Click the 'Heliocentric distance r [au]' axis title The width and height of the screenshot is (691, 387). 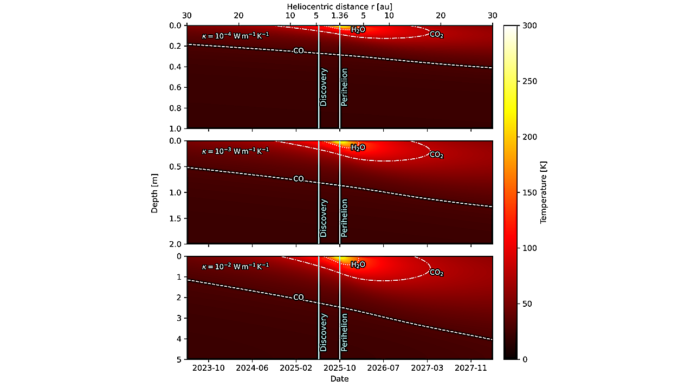[339, 5]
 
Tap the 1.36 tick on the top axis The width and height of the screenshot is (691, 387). [340, 15]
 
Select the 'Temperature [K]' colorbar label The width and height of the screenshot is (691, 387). [544, 192]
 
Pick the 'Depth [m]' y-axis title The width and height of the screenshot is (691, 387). [155, 192]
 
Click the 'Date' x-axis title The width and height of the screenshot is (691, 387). [339, 379]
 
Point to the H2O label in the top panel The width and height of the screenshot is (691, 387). [358, 30]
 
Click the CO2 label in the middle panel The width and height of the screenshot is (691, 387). [436, 155]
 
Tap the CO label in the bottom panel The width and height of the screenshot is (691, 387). [299, 297]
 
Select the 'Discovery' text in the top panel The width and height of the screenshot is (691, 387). [324, 87]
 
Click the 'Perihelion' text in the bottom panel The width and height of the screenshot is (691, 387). [344, 332]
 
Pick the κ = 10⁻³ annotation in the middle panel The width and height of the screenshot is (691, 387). [235, 151]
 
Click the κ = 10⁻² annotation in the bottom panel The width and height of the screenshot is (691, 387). [235, 266]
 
